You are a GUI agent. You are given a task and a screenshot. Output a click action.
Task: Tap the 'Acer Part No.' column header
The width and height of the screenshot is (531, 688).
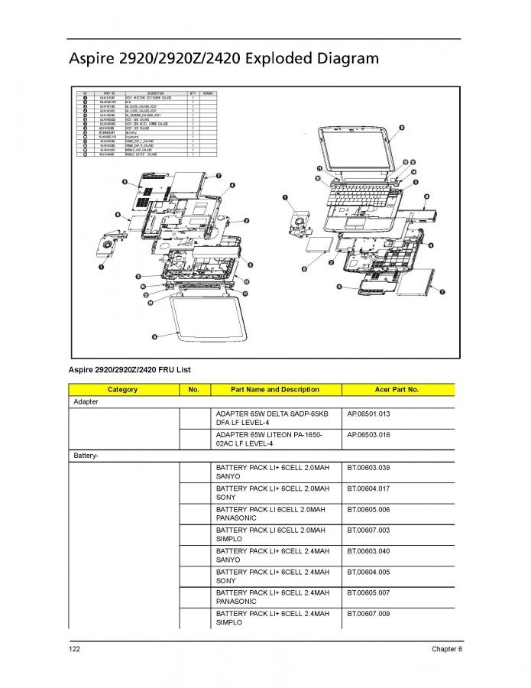[398, 389]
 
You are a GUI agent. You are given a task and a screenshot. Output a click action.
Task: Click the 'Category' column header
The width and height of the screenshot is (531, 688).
[122, 389]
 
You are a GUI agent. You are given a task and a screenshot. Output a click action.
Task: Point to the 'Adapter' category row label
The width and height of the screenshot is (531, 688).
[85, 401]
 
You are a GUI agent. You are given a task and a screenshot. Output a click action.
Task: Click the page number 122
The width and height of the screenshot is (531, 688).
[74, 650]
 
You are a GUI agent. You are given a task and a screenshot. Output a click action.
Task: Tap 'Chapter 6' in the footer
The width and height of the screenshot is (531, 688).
[445, 650]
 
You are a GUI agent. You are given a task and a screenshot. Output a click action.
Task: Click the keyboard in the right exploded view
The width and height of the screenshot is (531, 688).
[358, 196]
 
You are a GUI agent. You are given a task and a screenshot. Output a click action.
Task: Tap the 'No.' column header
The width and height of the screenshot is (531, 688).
[193, 389]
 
